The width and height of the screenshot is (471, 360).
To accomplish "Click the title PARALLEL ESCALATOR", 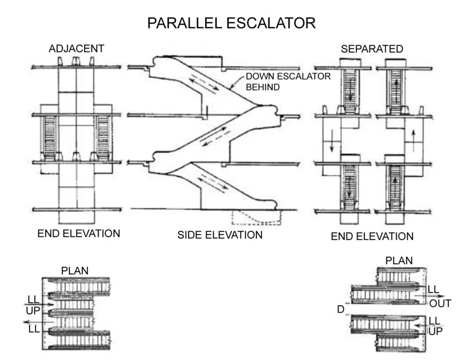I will tap(231, 23).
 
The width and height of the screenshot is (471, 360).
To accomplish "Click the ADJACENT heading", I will tap(76, 49).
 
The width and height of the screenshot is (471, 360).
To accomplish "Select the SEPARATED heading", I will tap(372, 49).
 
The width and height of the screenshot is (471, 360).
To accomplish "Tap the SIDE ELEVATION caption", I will tap(220, 235).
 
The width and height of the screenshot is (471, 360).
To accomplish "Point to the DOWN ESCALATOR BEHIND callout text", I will tap(287, 81).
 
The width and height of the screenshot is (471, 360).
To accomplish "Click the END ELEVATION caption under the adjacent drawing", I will tap(79, 233).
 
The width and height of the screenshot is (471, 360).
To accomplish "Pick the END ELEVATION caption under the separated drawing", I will tap(372, 237).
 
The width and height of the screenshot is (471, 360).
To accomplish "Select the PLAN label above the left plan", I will tap(75, 271).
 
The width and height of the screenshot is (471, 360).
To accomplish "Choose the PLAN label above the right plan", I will tap(399, 261).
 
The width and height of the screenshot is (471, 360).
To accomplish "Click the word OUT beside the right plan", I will tap(440, 303).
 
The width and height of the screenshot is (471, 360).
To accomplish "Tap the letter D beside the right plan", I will tap(341, 309).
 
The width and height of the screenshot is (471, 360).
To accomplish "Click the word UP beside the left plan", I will tap(33, 311).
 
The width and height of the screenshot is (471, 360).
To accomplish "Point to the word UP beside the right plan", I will tap(436, 331).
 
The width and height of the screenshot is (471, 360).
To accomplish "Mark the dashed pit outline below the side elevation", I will tap(256, 217).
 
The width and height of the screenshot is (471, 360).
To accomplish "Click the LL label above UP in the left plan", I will tap(34, 300).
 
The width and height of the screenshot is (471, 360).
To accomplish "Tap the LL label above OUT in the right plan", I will tap(433, 290).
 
